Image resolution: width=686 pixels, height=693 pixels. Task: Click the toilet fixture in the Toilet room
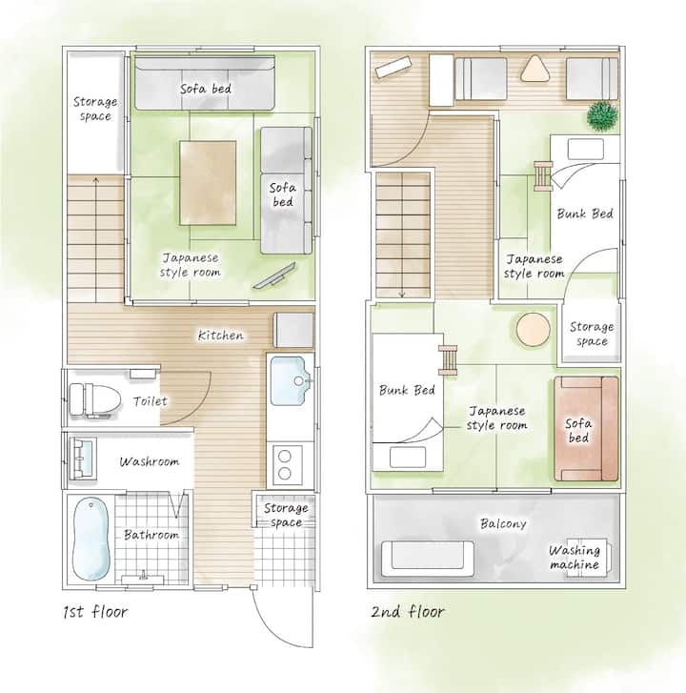point(95,399)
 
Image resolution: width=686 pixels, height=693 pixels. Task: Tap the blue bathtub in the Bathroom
point(91,539)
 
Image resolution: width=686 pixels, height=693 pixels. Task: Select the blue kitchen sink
point(289,381)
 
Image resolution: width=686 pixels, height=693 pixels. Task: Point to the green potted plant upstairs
point(602,116)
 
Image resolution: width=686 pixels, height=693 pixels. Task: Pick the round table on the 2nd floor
point(534,329)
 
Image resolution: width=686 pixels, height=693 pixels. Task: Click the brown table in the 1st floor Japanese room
point(208,182)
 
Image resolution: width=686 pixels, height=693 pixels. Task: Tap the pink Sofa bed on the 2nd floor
point(586,428)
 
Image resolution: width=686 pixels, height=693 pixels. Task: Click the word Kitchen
point(220,336)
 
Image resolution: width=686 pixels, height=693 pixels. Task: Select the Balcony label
point(503,523)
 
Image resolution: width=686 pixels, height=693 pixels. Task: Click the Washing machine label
point(575,558)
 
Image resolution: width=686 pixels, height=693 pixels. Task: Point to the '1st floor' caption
point(95,612)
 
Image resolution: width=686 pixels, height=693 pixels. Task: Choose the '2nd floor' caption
point(407,612)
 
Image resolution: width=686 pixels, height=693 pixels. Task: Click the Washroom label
point(150,462)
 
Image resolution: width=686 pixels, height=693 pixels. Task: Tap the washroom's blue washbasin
point(83,459)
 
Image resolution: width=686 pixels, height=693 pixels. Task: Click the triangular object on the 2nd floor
point(535,69)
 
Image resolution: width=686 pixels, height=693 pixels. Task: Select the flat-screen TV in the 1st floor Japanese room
point(274,275)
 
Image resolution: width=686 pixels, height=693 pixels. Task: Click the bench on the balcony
point(428,559)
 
